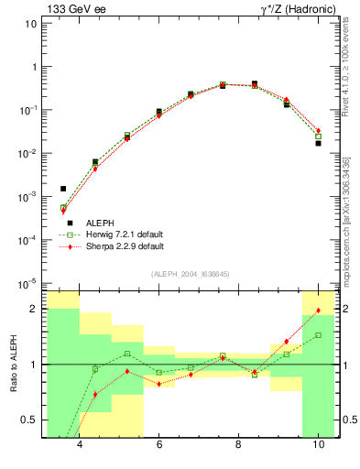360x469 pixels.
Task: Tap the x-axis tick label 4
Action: (x=80, y=444)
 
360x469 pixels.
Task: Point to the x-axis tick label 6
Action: (x=159, y=444)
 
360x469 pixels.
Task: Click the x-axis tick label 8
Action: (x=238, y=444)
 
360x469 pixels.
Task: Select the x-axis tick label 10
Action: (x=317, y=444)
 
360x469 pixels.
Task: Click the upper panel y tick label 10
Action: (x=30, y=24)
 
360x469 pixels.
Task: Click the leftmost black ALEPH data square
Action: (x=63, y=189)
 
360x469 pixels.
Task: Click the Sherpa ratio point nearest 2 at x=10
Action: (x=318, y=311)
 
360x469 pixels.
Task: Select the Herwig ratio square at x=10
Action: (x=318, y=335)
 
